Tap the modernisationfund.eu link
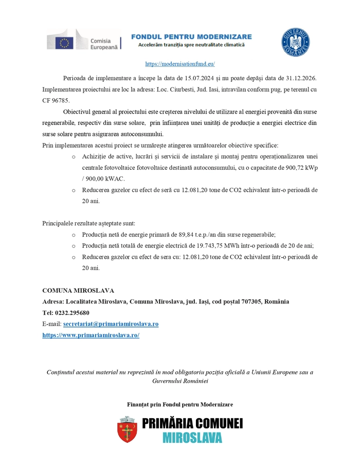click(x=180, y=64)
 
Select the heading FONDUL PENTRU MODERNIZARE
click(x=191, y=37)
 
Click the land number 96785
click(x=60, y=100)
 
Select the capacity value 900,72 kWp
click(x=300, y=168)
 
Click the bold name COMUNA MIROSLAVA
click(x=78, y=290)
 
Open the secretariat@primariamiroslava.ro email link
click(x=111, y=324)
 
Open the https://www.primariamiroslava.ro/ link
click(x=91, y=335)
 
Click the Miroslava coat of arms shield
click(x=127, y=430)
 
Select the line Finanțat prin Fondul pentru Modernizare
click(x=180, y=404)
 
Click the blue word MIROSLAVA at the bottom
click(x=192, y=437)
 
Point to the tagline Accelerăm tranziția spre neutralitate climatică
click(x=191, y=45)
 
